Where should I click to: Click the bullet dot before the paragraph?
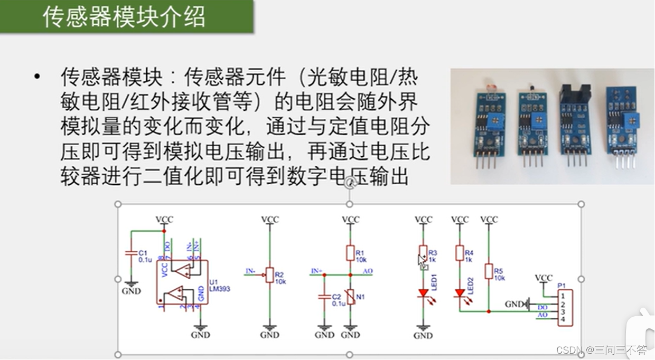(x=36, y=77)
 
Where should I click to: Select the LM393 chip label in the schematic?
(x=220, y=288)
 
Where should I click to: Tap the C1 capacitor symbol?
(x=130, y=253)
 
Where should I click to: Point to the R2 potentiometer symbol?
(x=270, y=274)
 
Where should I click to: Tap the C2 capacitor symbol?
(x=324, y=297)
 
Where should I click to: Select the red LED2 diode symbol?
(x=460, y=292)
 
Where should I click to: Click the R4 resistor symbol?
(x=460, y=253)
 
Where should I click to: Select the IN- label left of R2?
(x=251, y=271)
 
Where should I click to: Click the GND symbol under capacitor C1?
(x=131, y=288)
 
